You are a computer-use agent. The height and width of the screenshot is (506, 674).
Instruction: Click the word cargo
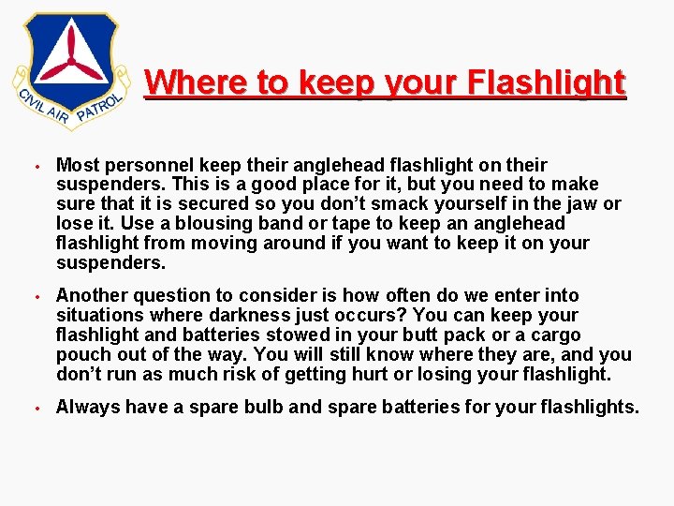(x=556, y=335)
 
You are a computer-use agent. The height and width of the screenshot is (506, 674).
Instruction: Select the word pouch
(x=81, y=354)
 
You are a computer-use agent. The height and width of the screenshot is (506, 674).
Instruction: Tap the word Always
(x=86, y=407)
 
